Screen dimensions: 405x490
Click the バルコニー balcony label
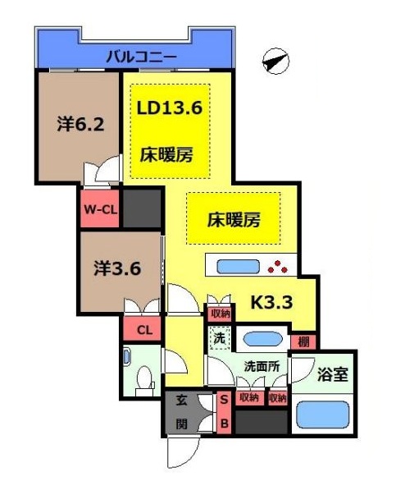142,57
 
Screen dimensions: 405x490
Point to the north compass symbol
275,62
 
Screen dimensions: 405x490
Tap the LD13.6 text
170,108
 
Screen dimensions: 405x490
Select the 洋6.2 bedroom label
80,125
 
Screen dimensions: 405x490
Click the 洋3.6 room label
117,268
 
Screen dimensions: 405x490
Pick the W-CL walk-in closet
100,208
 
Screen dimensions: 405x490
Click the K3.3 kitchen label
272,302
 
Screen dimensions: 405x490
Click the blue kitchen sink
239,267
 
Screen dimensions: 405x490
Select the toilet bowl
145,376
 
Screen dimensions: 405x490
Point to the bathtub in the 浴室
322,414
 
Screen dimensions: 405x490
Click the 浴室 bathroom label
333,373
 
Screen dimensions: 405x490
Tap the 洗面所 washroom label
262,366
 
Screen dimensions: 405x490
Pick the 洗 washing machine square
220,338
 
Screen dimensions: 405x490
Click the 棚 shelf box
303,342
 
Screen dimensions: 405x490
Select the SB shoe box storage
224,413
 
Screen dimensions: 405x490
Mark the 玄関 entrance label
181,412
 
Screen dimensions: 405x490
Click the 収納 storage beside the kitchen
221,313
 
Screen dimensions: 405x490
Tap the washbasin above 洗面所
262,339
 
